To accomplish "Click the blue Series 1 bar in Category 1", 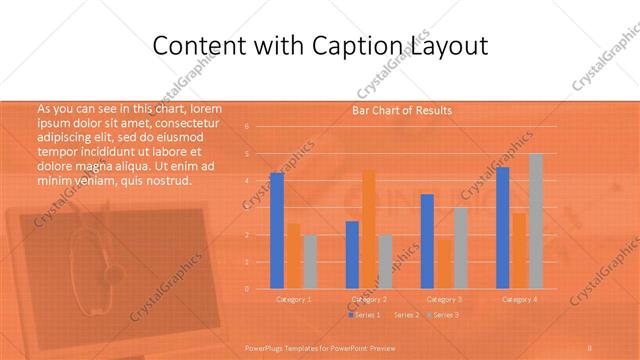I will tap(277, 231).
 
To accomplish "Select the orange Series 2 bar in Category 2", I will tap(368, 229).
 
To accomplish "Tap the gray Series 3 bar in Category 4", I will tap(535, 221).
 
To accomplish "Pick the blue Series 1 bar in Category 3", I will tap(427, 241).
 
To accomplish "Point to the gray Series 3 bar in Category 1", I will tap(310, 262).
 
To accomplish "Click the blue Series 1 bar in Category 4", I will tap(503, 228).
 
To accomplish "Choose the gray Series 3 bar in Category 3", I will tap(460, 248).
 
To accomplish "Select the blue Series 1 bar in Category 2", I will tap(352, 255).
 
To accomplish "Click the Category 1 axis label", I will tap(294, 299).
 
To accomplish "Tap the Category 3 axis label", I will tap(444, 299).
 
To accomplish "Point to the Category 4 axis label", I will tap(519, 299).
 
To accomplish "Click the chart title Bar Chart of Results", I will tap(402, 110).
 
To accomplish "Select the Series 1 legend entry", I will tap(364, 315).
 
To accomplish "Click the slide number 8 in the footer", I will tap(590, 347).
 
